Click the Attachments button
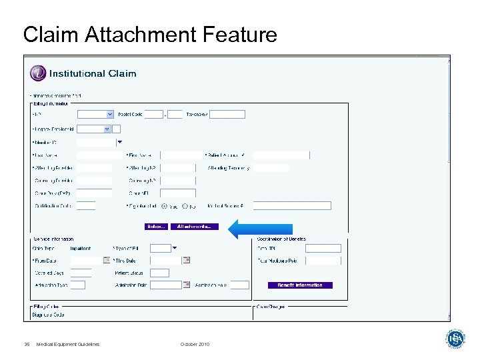point(194,227)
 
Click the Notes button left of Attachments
point(156,227)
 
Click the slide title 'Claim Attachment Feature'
point(150,34)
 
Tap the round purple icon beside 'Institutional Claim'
point(38,73)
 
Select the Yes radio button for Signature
point(165,206)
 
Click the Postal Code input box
point(153,114)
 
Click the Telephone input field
point(227,114)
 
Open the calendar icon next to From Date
point(107,260)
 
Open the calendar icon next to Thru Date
point(187,260)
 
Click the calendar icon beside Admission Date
point(187,285)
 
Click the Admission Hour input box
point(239,285)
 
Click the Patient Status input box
point(159,273)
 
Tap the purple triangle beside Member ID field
point(120,142)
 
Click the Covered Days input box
point(81,273)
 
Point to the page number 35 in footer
point(27,344)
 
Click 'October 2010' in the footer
point(195,344)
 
